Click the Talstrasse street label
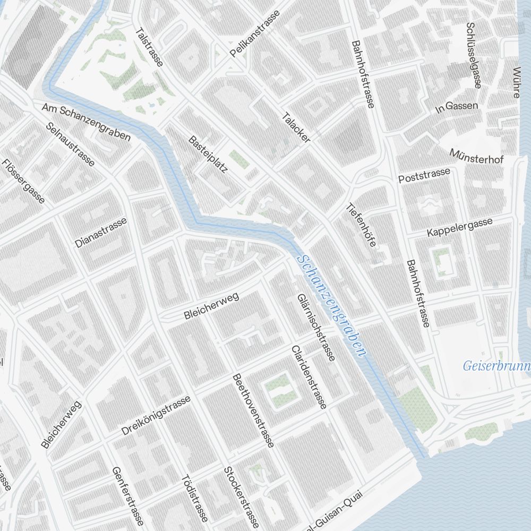click(149, 47)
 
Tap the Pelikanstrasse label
click(255, 33)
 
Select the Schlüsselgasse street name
click(473, 55)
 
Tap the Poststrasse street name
click(424, 175)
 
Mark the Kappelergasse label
click(460, 227)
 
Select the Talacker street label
click(296, 127)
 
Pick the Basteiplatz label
click(208, 155)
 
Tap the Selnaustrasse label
click(71, 144)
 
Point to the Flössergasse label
click(23, 182)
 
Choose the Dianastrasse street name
click(101, 233)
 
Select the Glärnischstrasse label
click(316, 328)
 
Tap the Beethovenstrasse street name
click(254, 409)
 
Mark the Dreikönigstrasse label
click(156, 416)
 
